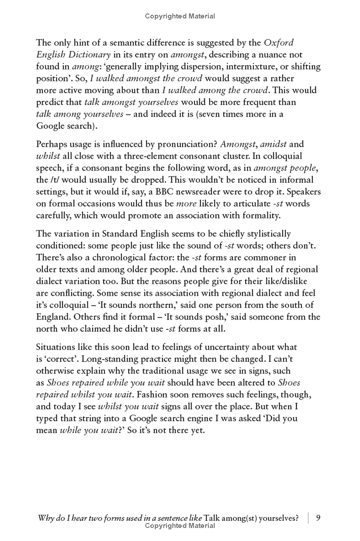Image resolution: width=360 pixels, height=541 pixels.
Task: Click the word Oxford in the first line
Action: pyautogui.click(x=279, y=43)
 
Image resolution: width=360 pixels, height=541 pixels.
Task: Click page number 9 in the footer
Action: pyautogui.click(x=318, y=518)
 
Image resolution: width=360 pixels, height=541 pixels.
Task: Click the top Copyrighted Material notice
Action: pyautogui.click(x=180, y=17)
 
